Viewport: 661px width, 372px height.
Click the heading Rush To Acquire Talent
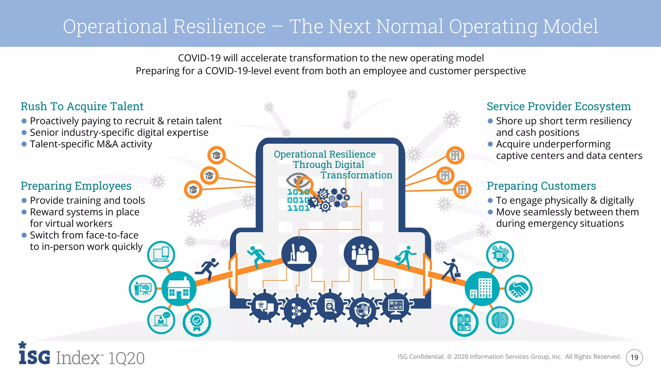click(82, 106)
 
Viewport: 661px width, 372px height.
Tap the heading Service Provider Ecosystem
click(558, 106)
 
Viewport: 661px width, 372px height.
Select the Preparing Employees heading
click(76, 186)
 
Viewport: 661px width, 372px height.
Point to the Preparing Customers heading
click(541, 186)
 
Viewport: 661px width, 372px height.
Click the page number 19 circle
click(634, 357)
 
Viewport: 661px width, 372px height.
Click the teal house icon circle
click(179, 289)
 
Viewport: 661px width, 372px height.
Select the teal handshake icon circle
click(518, 289)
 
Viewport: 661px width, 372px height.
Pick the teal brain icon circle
click(500, 320)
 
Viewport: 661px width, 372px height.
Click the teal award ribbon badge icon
click(197, 322)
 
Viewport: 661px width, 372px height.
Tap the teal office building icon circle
click(482, 288)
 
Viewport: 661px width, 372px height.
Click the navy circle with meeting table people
click(361, 253)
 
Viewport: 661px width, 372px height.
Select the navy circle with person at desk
click(299, 253)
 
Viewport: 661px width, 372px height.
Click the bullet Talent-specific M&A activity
click(91, 144)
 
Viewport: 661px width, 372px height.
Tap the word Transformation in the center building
click(356, 175)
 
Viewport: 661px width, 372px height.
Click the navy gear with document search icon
click(330, 306)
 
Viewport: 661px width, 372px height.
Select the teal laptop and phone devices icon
click(161, 254)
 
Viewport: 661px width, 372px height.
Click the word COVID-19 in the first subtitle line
click(199, 58)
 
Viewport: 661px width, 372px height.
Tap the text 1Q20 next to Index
click(126, 358)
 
